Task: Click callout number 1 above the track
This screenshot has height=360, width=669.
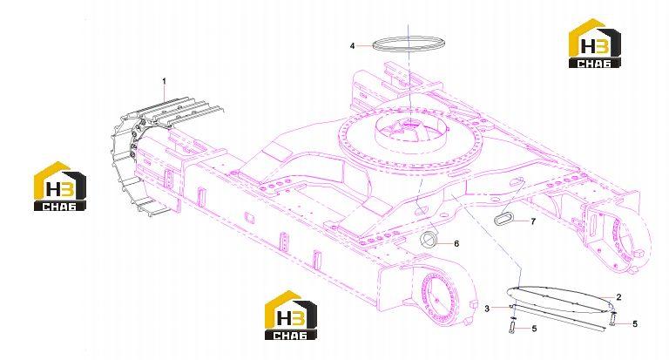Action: pyautogui.click(x=165, y=81)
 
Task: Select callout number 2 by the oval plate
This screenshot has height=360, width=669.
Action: pyautogui.click(x=618, y=297)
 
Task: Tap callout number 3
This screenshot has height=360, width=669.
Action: pyautogui.click(x=487, y=309)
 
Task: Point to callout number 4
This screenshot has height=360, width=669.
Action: pyautogui.click(x=352, y=45)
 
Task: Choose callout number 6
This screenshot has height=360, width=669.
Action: pyautogui.click(x=456, y=243)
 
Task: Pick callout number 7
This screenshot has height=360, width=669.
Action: pyautogui.click(x=533, y=221)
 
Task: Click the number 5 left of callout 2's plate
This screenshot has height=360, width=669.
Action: pyautogui.click(x=534, y=329)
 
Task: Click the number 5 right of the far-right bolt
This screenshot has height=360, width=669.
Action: pyautogui.click(x=634, y=324)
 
